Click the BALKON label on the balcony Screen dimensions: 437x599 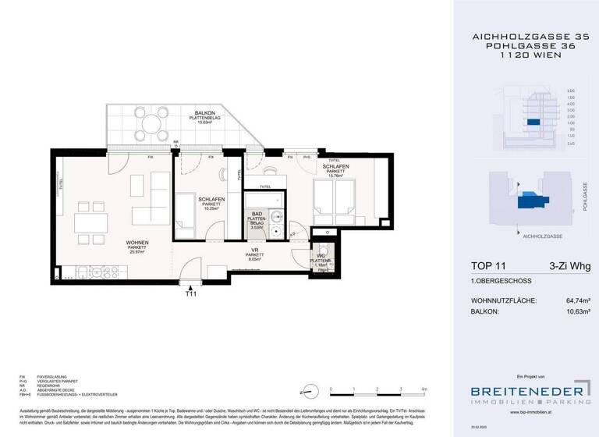205,113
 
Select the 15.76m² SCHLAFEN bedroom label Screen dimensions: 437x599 336,167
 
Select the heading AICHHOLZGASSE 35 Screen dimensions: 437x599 526,36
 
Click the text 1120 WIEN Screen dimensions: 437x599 526,56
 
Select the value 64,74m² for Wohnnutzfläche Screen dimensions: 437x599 573,300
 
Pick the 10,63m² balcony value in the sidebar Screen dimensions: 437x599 573,312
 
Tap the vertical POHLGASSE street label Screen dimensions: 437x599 584,197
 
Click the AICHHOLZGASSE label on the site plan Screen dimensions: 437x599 544,233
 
